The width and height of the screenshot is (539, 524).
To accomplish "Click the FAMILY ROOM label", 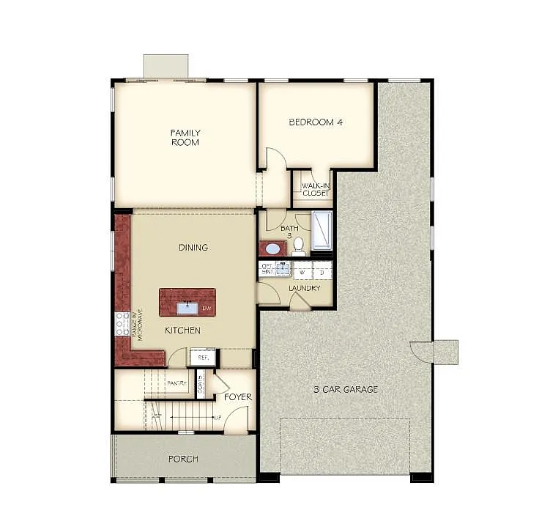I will (185, 138).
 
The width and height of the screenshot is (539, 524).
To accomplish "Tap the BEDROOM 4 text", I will (316, 122).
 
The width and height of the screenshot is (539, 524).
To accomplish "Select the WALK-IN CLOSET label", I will (315, 190).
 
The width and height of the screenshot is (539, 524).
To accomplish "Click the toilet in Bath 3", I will (298, 246).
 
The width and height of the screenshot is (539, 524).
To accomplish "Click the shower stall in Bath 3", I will (322, 229).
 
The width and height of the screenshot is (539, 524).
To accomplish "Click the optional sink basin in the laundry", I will (283, 270).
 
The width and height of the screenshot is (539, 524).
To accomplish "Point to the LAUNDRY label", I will (305, 289).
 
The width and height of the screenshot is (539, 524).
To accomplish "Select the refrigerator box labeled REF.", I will (201, 358).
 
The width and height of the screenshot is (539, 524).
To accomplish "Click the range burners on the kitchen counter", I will (122, 324).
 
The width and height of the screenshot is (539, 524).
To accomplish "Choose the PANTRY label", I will (176, 383).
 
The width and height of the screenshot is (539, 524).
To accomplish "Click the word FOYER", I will (238, 397).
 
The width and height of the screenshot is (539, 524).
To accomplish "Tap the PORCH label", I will (183, 460).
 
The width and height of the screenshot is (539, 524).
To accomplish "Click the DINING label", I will (193, 248).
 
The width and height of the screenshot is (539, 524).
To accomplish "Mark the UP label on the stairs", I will (217, 418).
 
